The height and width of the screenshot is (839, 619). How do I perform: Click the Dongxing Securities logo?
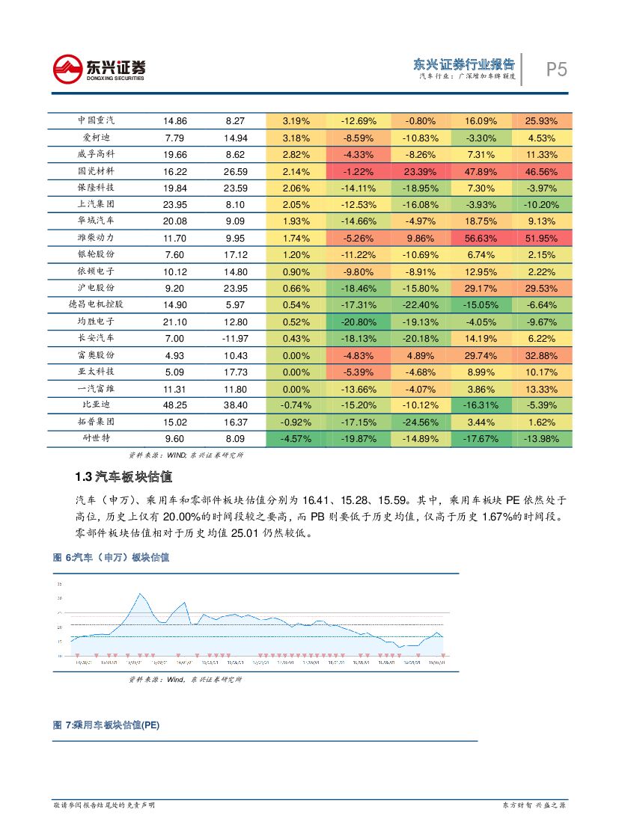pyautogui.click(x=99, y=70)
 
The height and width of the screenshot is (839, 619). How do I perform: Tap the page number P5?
pyautogui.click(x=555, y=70)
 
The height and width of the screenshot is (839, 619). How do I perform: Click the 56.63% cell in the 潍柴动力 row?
pyautogui.click(x=481, y=239)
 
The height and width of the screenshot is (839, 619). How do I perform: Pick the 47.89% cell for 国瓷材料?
pyautogui.click(x=481, y=171)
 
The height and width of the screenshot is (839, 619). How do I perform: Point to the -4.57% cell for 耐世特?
pyautogui.click(x=296, y=438)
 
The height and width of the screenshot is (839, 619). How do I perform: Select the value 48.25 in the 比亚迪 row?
pyautogui.click(x=175, y=405)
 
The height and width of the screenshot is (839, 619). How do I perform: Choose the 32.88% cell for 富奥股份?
pyautogui.click(x=541, y=355)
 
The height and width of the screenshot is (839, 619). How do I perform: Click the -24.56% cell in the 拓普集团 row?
pyautogui.click(x=419, y=422)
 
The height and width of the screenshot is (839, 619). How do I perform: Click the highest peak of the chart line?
pyautogui.click(x=140, y=594)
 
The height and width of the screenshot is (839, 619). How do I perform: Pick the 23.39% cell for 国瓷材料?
pyautogui.click(x=419, y=171)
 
